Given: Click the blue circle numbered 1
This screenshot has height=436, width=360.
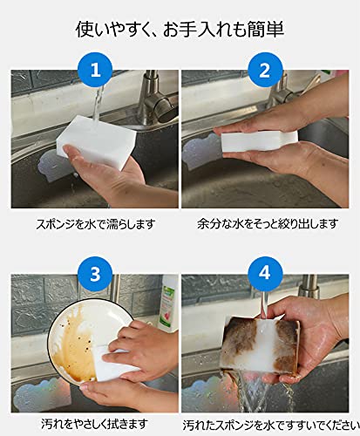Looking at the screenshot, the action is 95,70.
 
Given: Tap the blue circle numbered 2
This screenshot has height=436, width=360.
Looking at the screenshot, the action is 265,70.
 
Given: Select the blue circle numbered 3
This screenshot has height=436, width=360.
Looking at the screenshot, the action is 95,274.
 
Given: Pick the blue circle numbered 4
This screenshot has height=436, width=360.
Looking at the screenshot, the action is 265,274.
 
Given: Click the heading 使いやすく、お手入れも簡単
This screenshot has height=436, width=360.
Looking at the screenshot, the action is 180,30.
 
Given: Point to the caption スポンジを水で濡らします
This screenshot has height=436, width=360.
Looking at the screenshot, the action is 96,224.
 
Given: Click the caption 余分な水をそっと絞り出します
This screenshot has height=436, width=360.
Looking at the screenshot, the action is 268,224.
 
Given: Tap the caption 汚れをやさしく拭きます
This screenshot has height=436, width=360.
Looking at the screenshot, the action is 94,425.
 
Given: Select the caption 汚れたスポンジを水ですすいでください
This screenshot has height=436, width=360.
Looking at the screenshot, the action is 271,426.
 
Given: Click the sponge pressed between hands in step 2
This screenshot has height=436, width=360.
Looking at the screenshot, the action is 259,140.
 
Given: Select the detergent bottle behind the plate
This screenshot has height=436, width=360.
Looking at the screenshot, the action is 168,303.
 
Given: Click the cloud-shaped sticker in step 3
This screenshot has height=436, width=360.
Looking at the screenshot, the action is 43,394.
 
